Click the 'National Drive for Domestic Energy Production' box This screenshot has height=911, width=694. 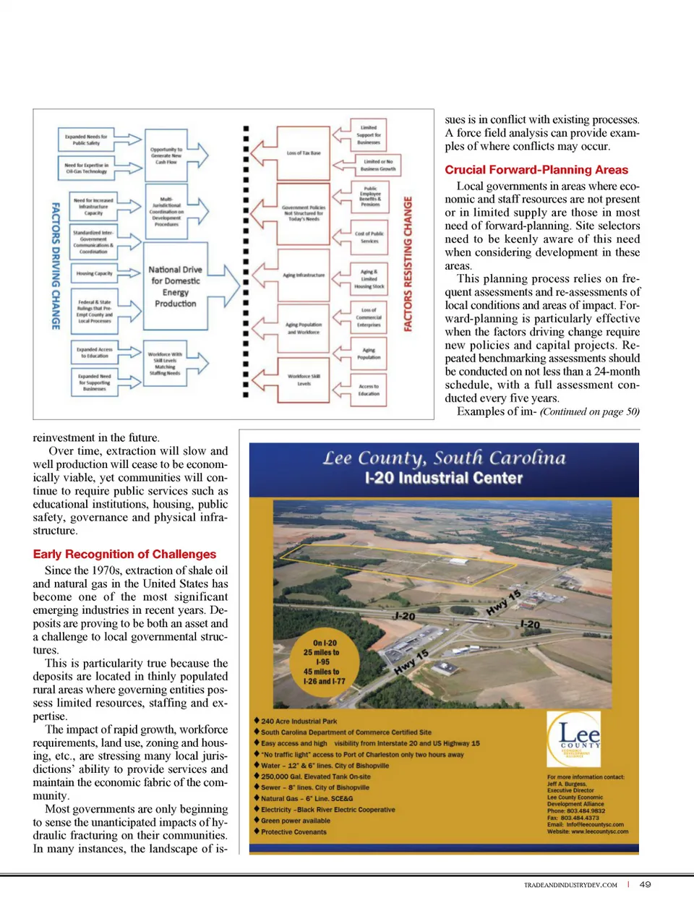click(x=175, y=287)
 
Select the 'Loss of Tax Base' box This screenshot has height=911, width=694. click(x=304, y=153)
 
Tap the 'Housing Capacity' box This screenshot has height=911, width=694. click(x=94, y=273)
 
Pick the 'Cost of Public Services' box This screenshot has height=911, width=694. click(x=369, y=237)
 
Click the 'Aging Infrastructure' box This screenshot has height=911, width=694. click(x=304, y=275)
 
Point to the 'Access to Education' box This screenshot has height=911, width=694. click(x=369, y=390)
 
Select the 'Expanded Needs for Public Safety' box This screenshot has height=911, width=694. click(x=86, y=140)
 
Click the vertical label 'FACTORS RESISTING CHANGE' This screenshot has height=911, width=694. click(x=408, y=264)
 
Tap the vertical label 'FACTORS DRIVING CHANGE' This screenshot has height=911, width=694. click(x=55, y=266)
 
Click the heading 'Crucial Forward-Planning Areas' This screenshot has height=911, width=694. click(x=536, y=170)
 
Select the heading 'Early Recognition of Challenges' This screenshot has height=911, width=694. click(x=124, y=555)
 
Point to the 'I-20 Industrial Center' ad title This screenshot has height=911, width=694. click(x=443, y=478)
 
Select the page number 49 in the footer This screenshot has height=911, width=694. click(x=645, y=884)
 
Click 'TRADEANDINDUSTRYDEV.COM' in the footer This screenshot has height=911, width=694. click(x=570, y=885)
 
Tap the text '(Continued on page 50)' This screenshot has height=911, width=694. click(x=589, y=411)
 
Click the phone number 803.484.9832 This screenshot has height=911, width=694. click(x=586, y=811)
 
